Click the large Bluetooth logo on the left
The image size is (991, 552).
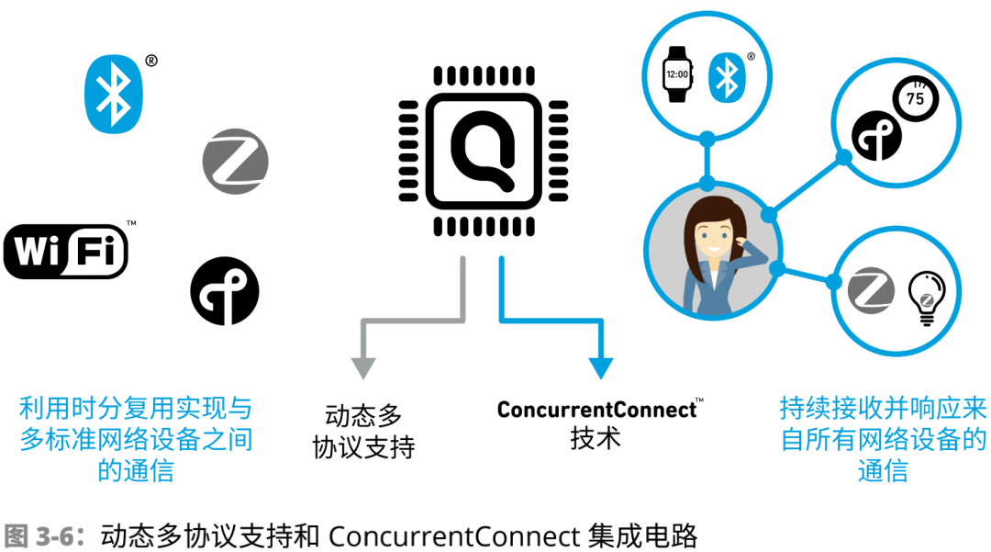point(114,94)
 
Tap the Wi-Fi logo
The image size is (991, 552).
point(66,252)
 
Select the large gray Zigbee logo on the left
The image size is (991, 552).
point(235,162)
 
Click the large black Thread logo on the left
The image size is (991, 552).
point(225,291)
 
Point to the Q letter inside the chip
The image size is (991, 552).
point(483,152)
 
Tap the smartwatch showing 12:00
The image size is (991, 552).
point(677,74)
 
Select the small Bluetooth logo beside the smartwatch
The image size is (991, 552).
point(727,77)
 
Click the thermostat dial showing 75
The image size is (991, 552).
point(915,98)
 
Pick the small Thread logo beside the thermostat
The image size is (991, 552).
point(876,136)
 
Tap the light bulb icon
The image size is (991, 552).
point(927,299)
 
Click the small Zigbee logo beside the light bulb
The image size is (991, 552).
point(871,291)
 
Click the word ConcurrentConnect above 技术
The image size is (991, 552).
point(596,410)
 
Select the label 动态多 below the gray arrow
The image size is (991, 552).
point(363,416)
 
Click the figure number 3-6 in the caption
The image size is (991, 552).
point(56,536)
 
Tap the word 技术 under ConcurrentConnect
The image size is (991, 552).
point(596,438)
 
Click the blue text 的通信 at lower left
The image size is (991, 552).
point(136,470)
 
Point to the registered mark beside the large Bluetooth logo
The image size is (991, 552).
point(151,61)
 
